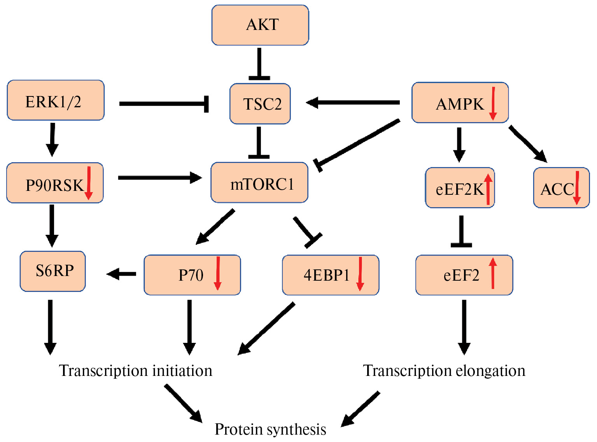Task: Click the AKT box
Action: point(260,25)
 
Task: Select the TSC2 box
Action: point(260,104)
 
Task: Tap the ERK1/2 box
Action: point(56,100)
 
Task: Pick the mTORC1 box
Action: point(259,183)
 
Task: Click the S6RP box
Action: point(53,271)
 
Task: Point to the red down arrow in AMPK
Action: point(493,103)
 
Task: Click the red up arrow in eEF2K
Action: point(488,189)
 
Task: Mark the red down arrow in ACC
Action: point(577,188)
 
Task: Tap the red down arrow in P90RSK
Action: point(89,183)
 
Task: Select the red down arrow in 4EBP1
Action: point(360,274)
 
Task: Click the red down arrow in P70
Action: point(218,273)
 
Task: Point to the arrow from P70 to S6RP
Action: point(121,274)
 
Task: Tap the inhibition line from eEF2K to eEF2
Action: point(461,231)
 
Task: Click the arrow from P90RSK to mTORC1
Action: point(159,178)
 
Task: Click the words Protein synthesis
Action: point(270,430)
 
